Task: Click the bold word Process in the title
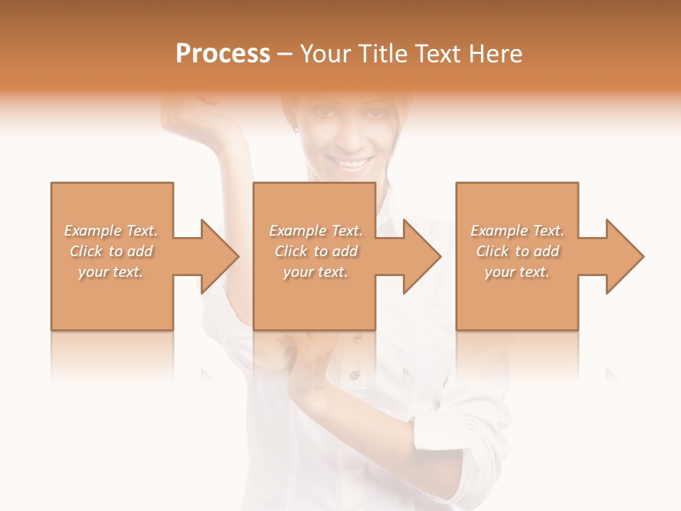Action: pos(223,54)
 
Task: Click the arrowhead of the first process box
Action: pos(219,256)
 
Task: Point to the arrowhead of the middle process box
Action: pos(422,256)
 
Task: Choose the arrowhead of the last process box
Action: pos(625,256)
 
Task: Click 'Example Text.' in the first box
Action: pos(111,231)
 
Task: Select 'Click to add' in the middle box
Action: pos(316,251)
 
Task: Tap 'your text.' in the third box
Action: pos(517,272)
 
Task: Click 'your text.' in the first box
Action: pos(111,272)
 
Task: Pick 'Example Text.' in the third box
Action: pos(517,231)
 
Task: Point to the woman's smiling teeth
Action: pos(353,164)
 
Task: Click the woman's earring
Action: pos(296,129)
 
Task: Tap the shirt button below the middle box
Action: pos(356,374)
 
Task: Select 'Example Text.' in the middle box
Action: pos(316,231)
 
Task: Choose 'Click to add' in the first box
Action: pos(111,251)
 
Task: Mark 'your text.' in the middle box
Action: pos(316,272)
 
